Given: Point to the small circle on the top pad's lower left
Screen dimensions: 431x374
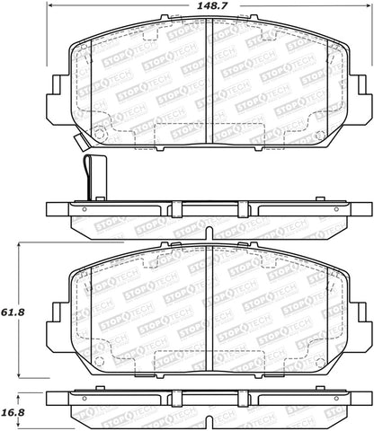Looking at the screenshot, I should coord(100,136).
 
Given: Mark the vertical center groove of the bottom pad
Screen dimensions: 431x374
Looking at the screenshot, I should coord(209,305).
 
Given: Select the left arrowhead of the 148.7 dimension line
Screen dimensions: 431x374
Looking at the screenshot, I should coord(48,7).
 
